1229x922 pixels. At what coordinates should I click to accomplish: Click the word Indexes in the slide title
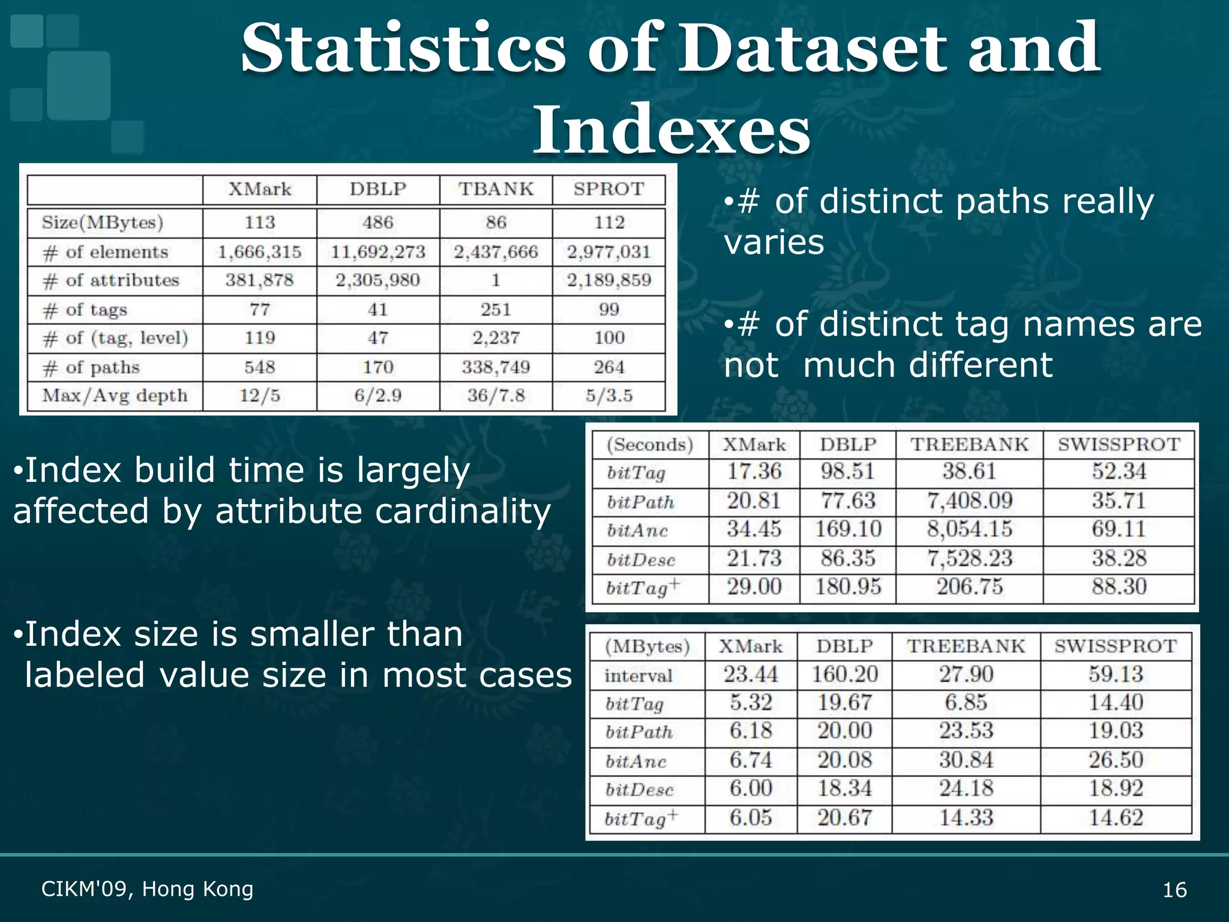tap(672, 130)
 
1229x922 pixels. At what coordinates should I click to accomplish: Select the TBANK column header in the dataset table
tap(496, 189)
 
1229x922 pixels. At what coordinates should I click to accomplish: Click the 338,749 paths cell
tap(496, 367)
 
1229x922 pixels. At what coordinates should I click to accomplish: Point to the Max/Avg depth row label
tap(115, 396)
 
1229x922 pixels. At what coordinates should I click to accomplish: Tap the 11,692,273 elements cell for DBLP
tap(378, 252)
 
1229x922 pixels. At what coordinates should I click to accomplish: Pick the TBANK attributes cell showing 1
tap(496, 280)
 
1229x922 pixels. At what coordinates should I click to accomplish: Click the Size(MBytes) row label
tap(103, 223)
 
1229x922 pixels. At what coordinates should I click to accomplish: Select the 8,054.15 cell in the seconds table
tap(969, 529)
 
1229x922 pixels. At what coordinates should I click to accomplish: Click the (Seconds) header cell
tap(650, 445)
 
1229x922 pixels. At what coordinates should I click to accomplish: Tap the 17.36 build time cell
tap(754, 472)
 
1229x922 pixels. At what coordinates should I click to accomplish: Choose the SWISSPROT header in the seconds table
tap(1119, 445)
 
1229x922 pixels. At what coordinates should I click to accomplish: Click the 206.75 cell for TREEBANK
tap(969, 586)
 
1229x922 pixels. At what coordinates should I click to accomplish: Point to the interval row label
tap(639, 676)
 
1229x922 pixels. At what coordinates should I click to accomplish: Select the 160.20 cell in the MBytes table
tap(844, 675)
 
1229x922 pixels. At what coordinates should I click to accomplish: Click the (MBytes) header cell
tap(648, 646)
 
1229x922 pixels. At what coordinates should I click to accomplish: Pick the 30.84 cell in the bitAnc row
tap(966, 760)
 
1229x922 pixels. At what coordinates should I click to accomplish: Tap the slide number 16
tap(1174, 890)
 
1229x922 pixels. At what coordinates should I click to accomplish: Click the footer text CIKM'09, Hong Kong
tap(148, 889)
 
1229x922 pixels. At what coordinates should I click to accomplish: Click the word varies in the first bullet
tap(774, 243)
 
